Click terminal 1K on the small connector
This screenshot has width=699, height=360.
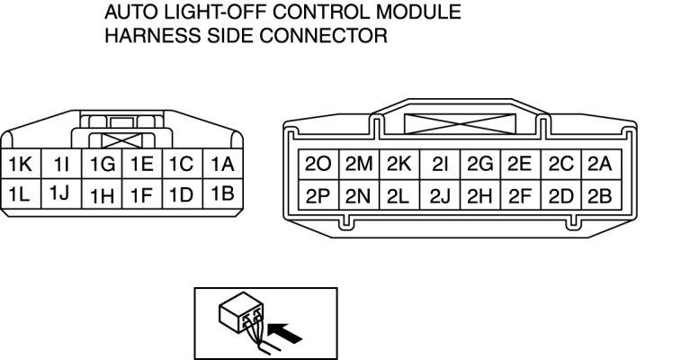tap(20, 165)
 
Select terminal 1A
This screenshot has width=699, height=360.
tap(222, 165)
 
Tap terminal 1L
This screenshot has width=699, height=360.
tap(20, 193)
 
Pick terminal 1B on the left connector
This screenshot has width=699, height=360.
tap(222, 193)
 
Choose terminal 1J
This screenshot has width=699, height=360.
tap(60, 193)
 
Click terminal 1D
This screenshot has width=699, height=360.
tap(182, 193)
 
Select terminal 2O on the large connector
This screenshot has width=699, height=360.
tap(318, 165)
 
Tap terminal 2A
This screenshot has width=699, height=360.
tap(599, 165)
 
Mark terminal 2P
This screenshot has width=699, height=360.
tap(318, 193)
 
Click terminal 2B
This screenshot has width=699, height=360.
tap(599, 193)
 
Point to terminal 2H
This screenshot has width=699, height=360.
tap(479, 193)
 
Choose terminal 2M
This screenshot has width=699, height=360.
tap(359, 165)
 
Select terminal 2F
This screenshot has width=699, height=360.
tap(520, 193)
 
